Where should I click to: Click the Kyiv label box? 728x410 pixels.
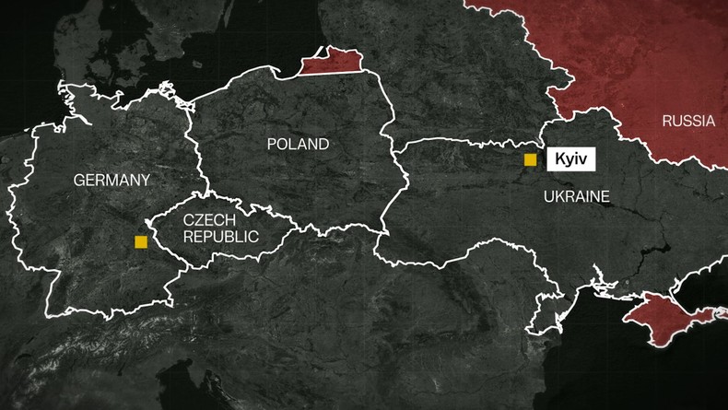click(x=570, y=159)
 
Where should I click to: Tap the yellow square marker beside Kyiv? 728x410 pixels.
click(x=530, y=159)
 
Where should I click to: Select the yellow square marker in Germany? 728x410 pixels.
click(x=140, y=241)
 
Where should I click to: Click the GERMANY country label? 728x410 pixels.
click(x=112, y=181)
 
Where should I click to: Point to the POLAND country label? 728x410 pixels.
click(x=297, y=144)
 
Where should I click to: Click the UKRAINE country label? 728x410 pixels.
click(x=576, y=196)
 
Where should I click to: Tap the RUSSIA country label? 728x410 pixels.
click(x=688, y=121)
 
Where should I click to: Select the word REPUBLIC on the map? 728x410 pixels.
click(x=220, y=237)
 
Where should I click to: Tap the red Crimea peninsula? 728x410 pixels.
click(x=665, y=320)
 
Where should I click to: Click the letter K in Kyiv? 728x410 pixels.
click(x=558, y=159)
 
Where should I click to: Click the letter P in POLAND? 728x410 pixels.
click(x=271, y=144)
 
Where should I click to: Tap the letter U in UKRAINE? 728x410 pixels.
click(x=548, y=196)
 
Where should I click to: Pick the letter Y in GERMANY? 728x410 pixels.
click(x=145, y=181)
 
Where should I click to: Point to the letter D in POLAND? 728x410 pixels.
click(x=323, y=144)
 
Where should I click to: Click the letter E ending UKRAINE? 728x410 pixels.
click(x=605, y=196)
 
